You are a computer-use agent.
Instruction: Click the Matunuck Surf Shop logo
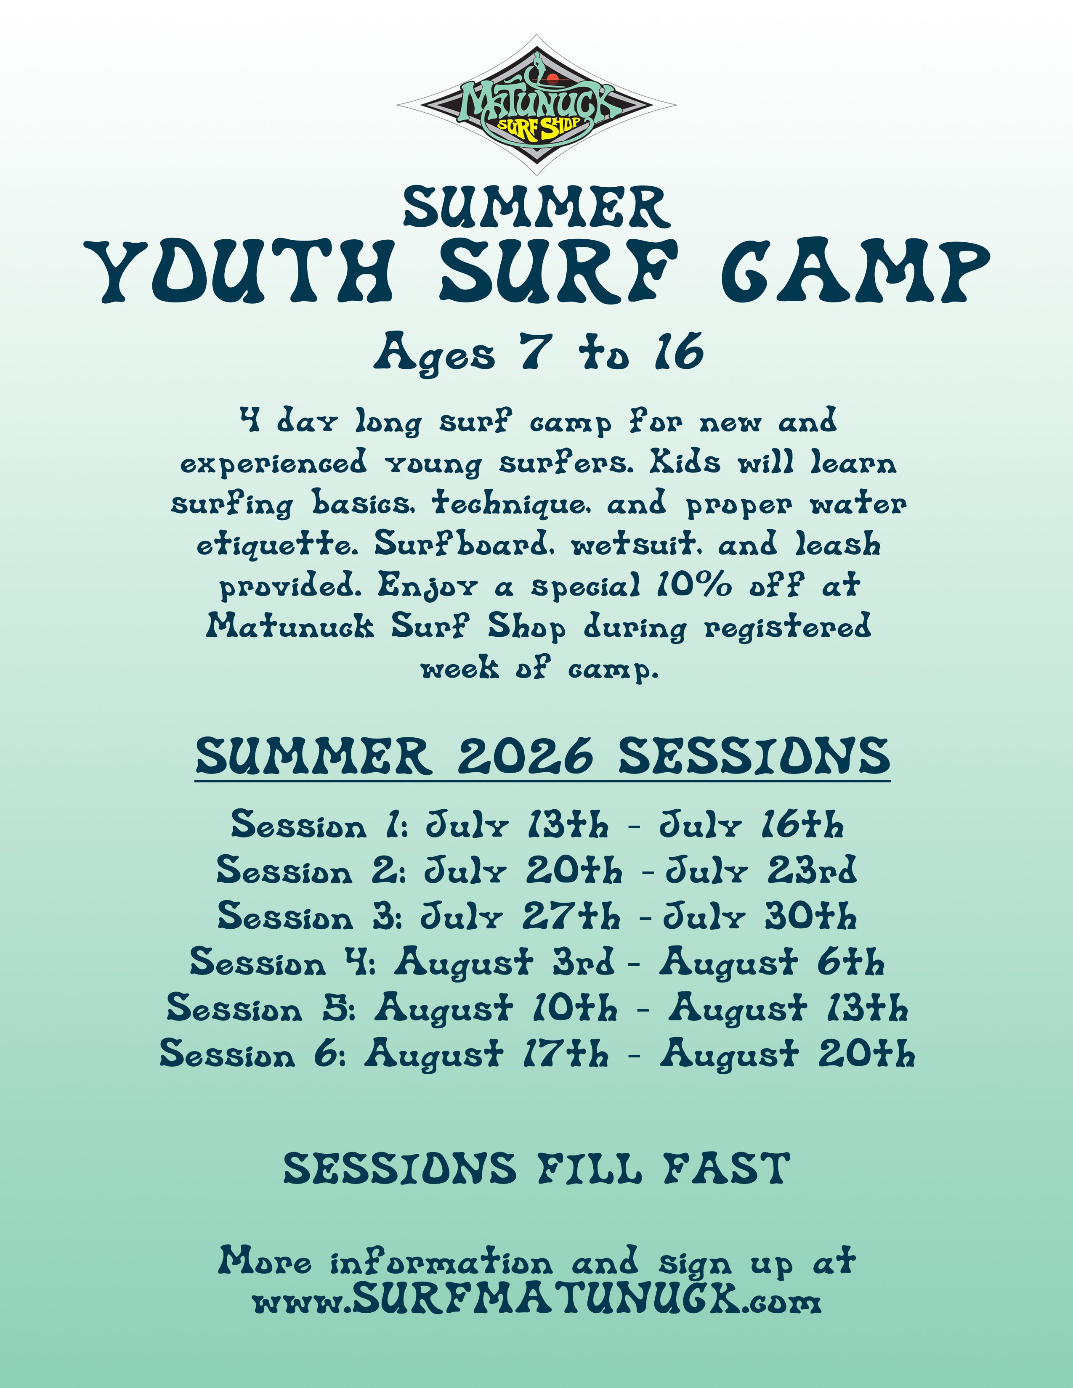click(536, 105)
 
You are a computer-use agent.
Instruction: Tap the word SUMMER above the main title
click(536, 208)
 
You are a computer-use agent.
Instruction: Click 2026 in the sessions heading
click(525, 756)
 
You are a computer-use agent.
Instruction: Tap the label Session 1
click(318, 825)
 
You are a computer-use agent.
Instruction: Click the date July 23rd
click(761, 871)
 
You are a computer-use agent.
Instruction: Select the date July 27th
click(520, 917)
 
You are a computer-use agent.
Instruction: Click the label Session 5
click(260, 1008)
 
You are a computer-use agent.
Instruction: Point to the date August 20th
click(788, 1054)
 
